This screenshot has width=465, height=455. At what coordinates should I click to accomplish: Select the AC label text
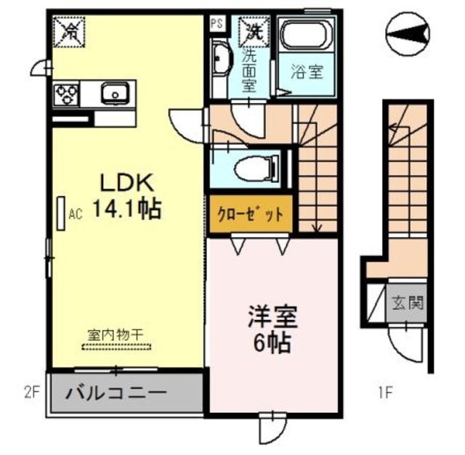(74, 215)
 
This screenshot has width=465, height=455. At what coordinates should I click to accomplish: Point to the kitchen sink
(115, 93)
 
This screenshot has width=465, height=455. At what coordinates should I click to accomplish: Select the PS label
(217, 23)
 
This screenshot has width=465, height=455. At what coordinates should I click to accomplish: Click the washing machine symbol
(251, 30)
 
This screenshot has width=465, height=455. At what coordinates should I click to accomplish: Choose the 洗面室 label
(249, 69)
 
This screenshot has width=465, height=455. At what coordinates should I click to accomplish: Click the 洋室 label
(272, 317)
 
